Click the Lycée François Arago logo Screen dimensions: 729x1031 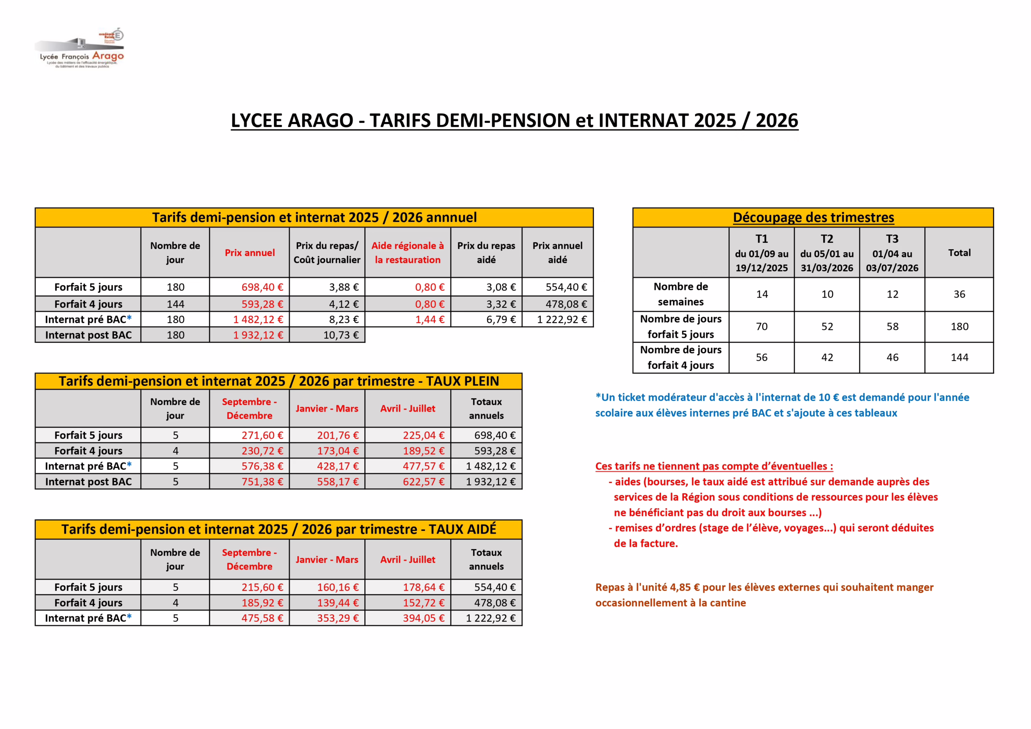[x=80, y=48]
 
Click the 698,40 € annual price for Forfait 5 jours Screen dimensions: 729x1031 [x=262, y=287]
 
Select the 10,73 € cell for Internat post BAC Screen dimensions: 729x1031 [x=341, y=335]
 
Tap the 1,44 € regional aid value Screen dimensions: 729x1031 [x=429, y=319]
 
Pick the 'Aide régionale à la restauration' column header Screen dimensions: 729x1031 [x=407, y=253]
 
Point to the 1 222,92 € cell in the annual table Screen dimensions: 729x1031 [x=562, y=319]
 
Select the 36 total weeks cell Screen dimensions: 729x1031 [x=959, y=294]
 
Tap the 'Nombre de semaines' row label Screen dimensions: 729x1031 [x=680, y=294]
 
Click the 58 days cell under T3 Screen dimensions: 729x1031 [x=892, y=327]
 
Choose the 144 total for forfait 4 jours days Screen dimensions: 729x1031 [x=959, y=358]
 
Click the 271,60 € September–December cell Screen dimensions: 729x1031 [x=262, y=435]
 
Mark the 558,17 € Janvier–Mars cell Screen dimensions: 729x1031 [x=337, y=482]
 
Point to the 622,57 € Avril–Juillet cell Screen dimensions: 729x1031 [x=423, y=482]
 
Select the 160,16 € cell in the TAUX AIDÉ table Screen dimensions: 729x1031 [x=337, y=587]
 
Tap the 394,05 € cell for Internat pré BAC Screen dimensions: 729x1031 [x=423, y=618]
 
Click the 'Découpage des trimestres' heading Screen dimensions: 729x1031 [x=813, y=217]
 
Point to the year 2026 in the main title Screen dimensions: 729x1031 [x=776, y=120]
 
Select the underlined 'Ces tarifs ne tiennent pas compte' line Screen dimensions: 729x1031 [x=714, y=466]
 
